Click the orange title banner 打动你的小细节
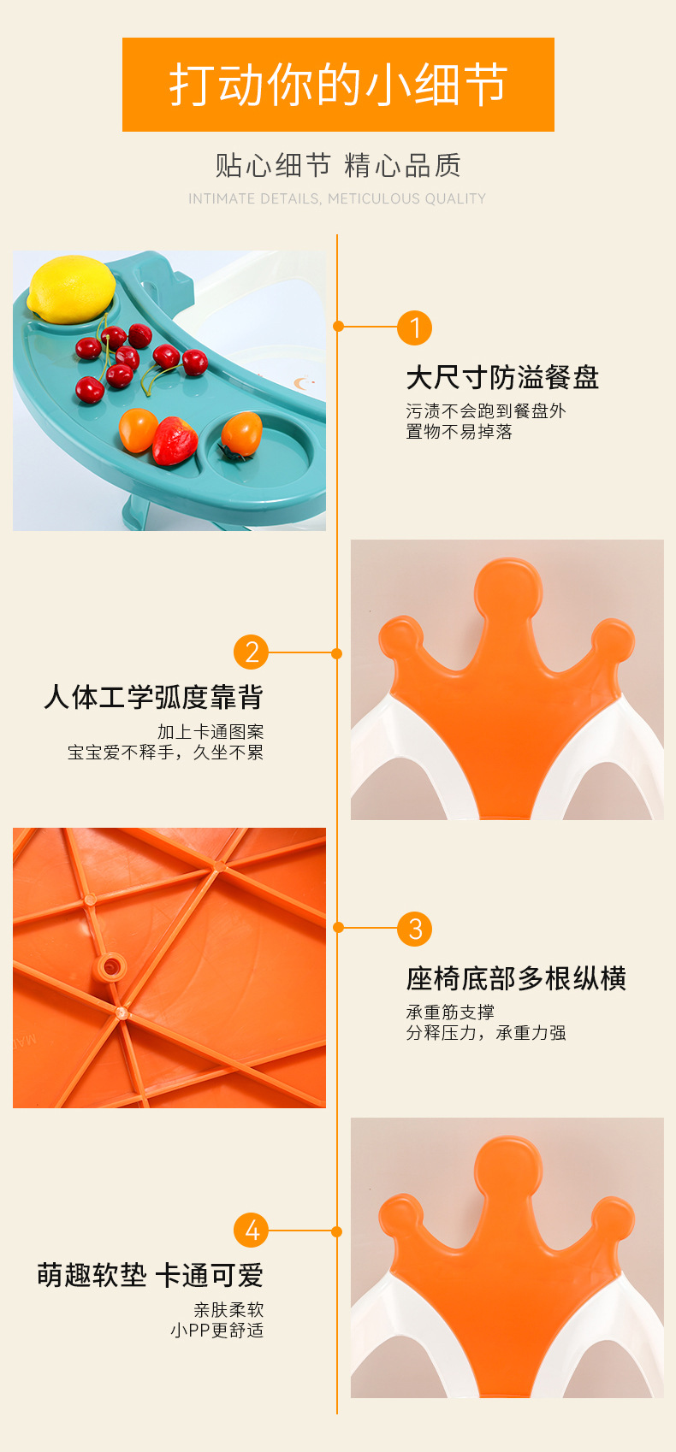(338, 85)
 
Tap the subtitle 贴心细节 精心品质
(338, 165)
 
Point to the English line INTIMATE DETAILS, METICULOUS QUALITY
(337, 198)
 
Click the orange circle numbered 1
(414, 328)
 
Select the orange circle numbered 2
(251, 652)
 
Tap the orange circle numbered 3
(414, 929)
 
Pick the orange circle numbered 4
(251, 1230)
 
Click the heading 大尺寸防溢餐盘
(503, 377)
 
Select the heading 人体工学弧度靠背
(154, 697)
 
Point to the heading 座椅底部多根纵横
(516, 978)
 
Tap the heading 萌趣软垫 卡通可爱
(151, 1275)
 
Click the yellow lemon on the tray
(71, 288)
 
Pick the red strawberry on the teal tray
(175, 440)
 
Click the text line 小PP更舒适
(217, 1330)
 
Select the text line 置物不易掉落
(460, 432)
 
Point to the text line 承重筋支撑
(450, 1012)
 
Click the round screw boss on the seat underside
(111, 967)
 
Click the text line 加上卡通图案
(211, 732)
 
